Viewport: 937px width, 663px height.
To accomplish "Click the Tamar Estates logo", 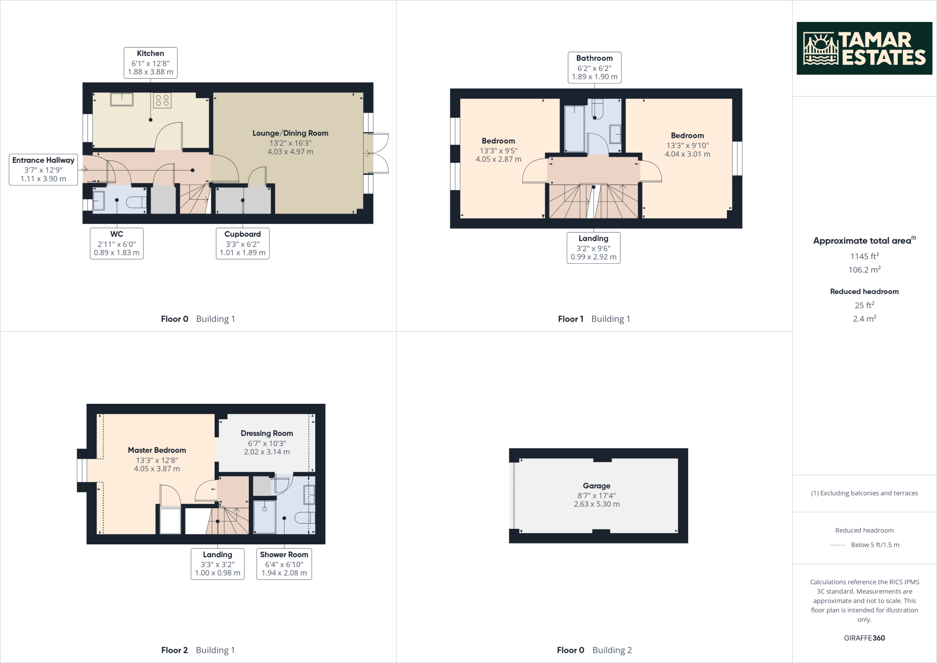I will click(864, 48).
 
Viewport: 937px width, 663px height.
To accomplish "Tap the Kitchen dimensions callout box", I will click(151, 63).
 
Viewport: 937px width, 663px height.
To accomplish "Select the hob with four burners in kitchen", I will click(162, 101).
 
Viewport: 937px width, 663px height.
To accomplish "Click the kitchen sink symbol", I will click(121, 99).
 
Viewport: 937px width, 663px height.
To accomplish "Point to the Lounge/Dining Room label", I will click(290, 133).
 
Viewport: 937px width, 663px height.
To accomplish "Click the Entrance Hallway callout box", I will click(43, 169).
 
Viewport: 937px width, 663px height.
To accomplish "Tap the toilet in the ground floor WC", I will click(136, 202).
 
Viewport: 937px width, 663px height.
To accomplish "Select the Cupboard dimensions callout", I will click(242, 244).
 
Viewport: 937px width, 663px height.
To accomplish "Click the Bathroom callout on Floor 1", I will click(594, 67).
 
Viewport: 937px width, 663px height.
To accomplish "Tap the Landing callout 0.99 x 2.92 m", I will click(593, 248).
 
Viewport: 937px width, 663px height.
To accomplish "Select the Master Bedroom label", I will click(157, 451).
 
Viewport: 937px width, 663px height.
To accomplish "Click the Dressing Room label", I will click(267, 434).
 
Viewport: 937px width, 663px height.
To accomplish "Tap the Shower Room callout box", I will click(284, 564).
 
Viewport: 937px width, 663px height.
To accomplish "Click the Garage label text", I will click(596, 486).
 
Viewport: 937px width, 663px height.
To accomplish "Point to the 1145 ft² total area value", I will click(864, 256).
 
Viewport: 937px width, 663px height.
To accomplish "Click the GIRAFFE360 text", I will click(864, 638).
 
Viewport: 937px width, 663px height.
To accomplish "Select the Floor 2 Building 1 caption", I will click(198, 650).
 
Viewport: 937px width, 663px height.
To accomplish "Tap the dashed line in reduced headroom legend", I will click(837, 545).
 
